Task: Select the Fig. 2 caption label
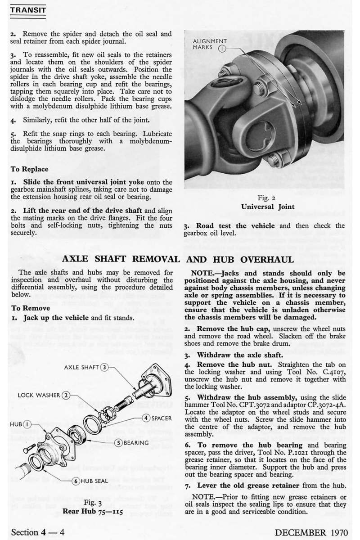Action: click(270, 198)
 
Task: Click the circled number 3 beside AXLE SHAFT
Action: click(104, 367)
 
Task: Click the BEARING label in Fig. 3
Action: click(136, 443)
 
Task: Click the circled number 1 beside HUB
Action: click(27, 424)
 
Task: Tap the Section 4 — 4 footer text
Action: click(38, 532)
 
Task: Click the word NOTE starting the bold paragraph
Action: click(205, 273)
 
